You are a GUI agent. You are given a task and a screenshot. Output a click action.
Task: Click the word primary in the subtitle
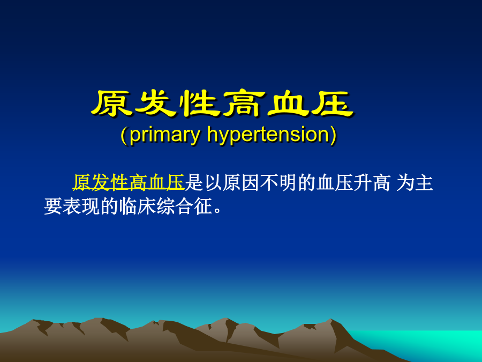pyautogui.click(x=165, y=136)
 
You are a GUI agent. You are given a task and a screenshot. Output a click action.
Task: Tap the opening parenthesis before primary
pyautogui.click(x=124, y=136)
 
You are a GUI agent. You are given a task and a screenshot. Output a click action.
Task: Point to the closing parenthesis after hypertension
pyautogui.click(x=333, y=136)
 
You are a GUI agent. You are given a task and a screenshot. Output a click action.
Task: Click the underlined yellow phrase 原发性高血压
pyautogui.click(x=129, y=182)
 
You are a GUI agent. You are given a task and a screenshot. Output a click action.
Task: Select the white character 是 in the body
pyautogui.click(x=194, y=182)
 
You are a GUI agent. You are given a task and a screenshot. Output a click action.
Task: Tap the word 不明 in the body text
pyautogui.click(x=278, y=182)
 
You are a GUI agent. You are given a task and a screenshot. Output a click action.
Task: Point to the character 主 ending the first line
pyautogui.click(x=425, y=182)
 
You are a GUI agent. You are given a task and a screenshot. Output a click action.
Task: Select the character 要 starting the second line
pyautogui.click(x=53, y=206)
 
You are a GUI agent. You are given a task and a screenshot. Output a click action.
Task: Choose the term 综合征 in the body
pyautogui.click(x=184, y=206)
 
